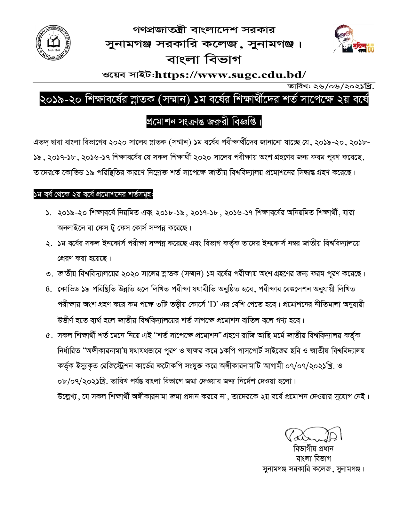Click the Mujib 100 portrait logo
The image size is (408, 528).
[x=353, y=39]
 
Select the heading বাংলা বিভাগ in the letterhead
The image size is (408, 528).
[x=204, y=60]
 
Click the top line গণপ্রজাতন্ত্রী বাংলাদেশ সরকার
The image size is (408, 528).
[x=204, y=30]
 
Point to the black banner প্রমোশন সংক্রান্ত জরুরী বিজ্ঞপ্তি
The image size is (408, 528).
[x=204, y=122]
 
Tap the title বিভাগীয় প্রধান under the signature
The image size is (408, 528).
[x=313, y=449]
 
